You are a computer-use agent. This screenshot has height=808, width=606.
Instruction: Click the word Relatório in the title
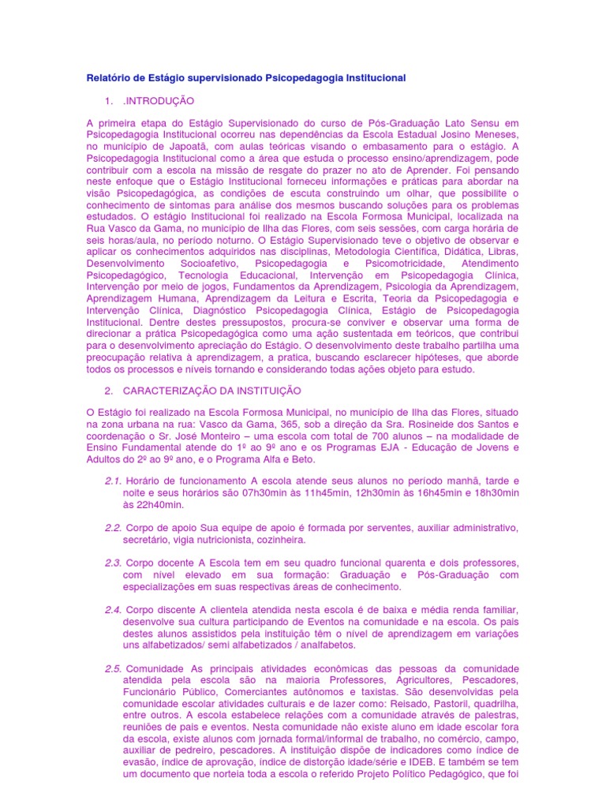(x=107, y=78)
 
